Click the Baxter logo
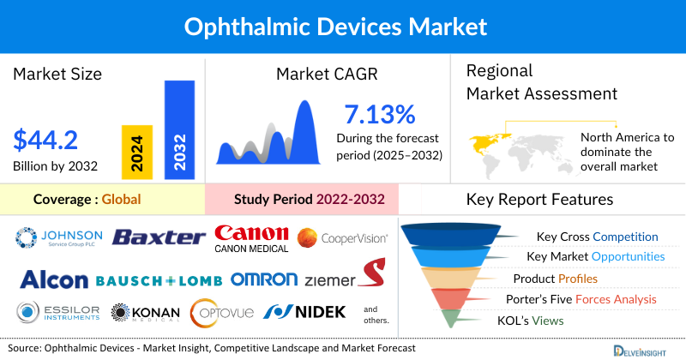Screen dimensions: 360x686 point(159,237)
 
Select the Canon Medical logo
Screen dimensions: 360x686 point(251,238)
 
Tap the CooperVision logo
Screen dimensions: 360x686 point(342,237)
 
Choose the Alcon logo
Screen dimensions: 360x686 point(53,279)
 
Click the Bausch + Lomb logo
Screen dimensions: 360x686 point(159,280)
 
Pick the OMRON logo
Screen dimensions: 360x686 point(264,279)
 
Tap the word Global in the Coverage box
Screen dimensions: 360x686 point(121,200)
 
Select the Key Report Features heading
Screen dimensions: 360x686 point(539,200)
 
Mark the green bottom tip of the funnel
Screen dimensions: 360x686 point(451,319)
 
